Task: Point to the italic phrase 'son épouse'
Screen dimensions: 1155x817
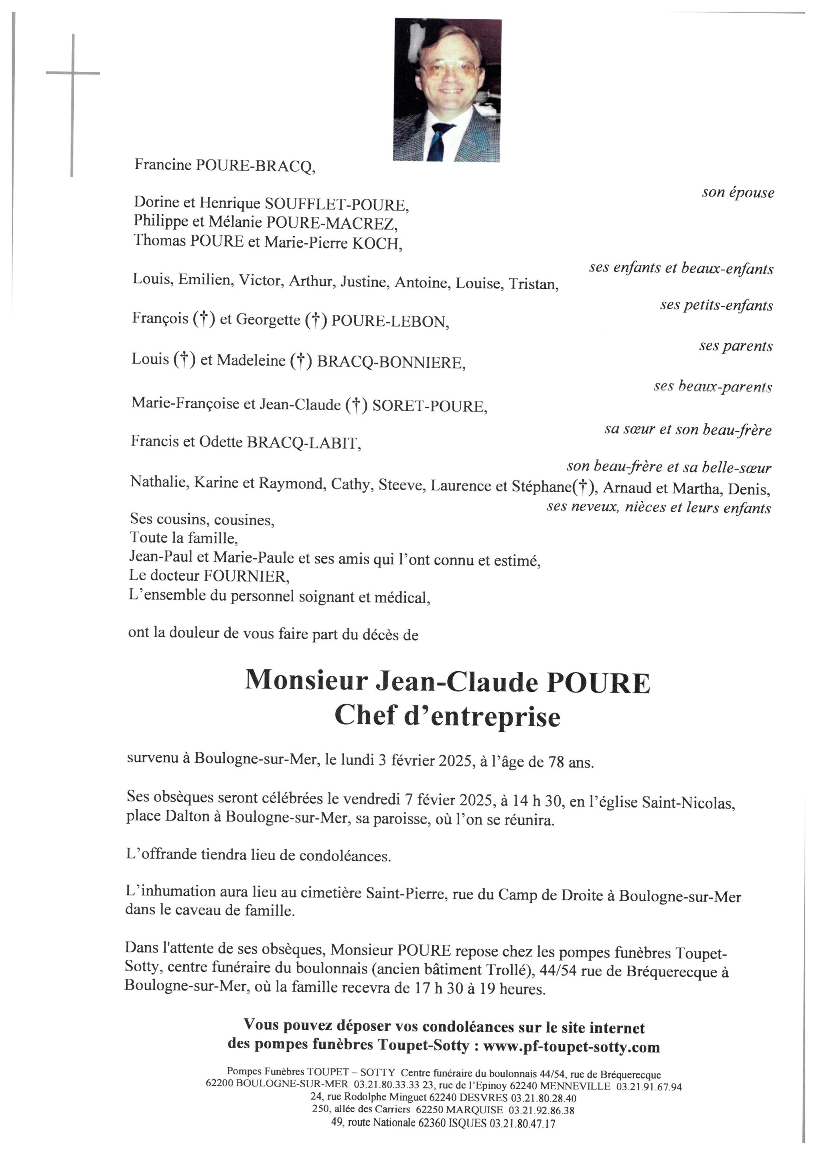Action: (x=738, y=192)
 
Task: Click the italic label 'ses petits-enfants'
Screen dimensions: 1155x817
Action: (x=716, y=305)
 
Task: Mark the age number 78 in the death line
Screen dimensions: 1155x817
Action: (x=553, y=762)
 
